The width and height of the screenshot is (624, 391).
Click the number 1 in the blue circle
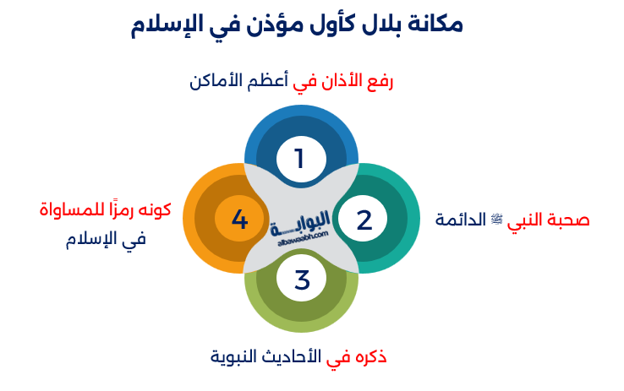(x=299, y=158)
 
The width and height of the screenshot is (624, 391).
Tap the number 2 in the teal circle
(x=364, y=220)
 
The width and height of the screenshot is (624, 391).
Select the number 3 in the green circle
(x=302, y=279)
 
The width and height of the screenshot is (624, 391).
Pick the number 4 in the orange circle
(x=239, y=220)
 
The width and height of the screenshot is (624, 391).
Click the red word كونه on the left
(x=153, y=208)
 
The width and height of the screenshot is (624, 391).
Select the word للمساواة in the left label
(x=68, y=208)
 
